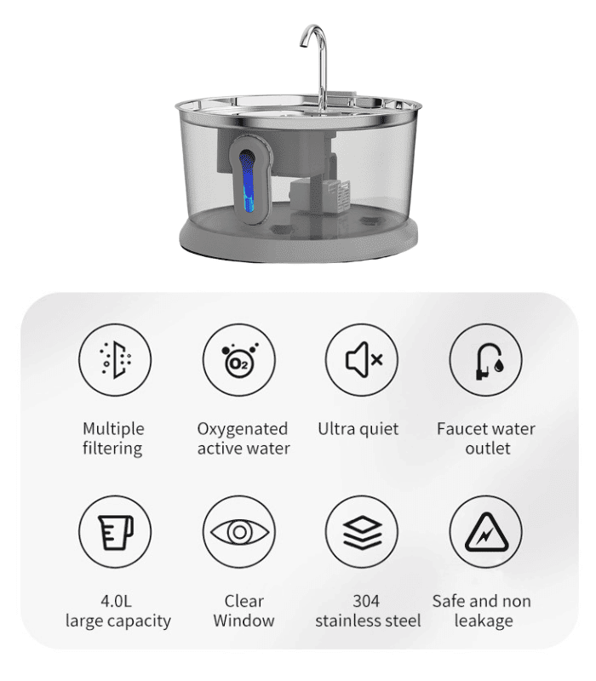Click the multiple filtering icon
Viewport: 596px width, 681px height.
(115, 357)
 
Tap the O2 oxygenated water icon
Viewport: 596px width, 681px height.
(239, 357)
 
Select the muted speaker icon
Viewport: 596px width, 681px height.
(362, 357)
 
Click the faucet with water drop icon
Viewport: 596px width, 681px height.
(486, 357)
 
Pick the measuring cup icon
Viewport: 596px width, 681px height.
(115, 532)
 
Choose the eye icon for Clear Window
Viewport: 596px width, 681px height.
(239, 532)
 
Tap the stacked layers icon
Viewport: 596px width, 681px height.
(362, 532)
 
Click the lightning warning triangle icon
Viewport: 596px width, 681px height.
(486, 532)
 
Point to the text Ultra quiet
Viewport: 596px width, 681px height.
(358, 428)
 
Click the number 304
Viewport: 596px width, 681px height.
(368, 601)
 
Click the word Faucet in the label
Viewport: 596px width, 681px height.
(465, 428)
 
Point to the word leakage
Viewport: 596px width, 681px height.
(483, 621)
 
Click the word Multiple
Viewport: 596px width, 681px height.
(113, 428)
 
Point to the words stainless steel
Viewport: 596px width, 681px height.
(368, 621)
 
